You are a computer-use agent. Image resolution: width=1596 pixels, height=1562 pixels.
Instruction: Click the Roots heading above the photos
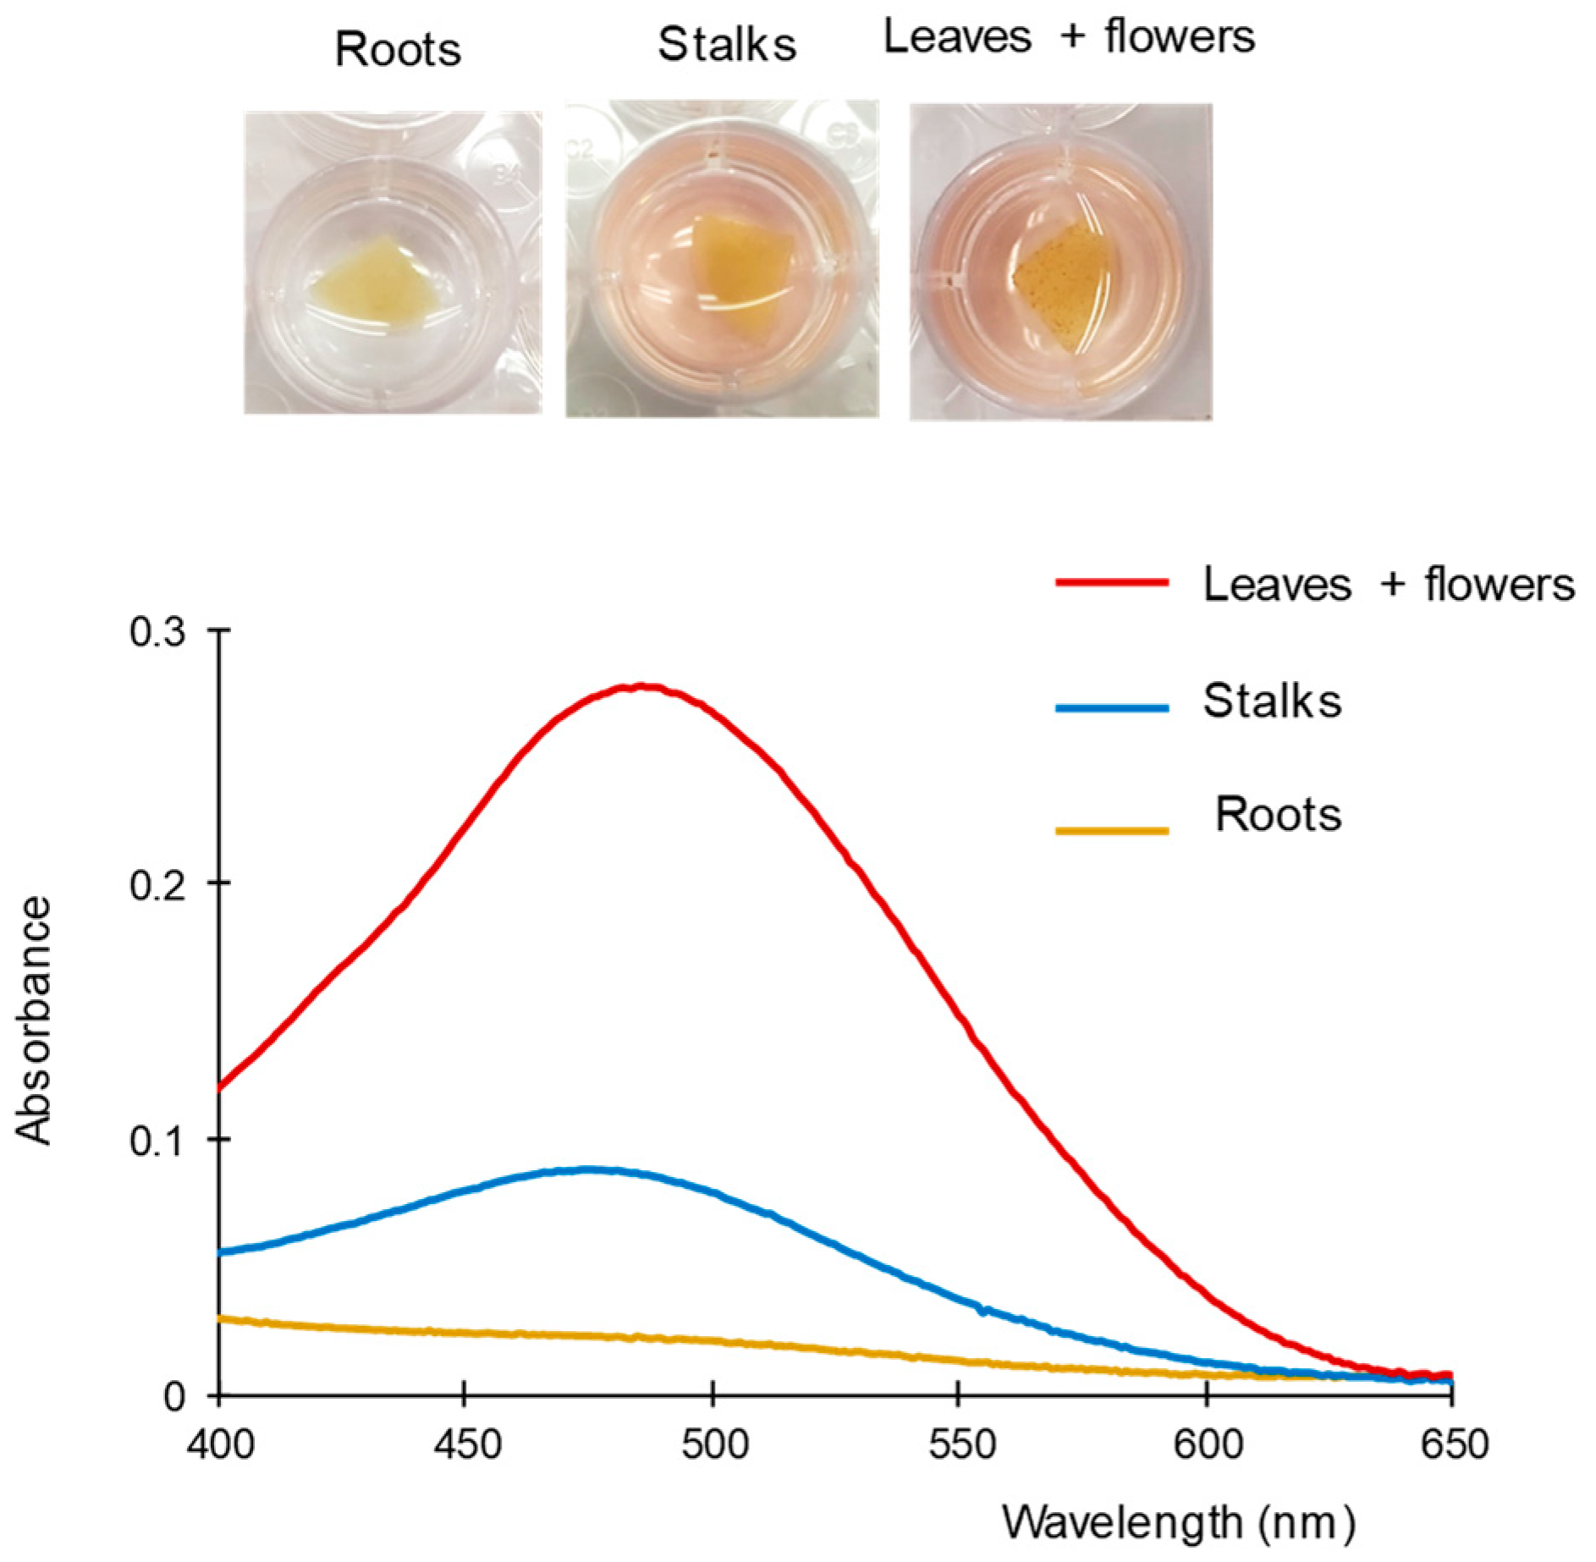click(398, 49)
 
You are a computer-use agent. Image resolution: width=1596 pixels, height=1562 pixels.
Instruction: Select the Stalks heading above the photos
click(727, 44)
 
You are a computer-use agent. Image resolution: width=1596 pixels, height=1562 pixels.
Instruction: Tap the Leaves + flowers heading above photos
click(1069, 37)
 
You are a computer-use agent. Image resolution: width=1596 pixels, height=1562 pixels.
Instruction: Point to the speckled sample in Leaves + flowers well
click(1061, 288)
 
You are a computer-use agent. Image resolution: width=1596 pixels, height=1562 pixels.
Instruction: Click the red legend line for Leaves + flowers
click(1111, 583)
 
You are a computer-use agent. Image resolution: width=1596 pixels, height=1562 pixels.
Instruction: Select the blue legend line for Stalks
click(1111, 708)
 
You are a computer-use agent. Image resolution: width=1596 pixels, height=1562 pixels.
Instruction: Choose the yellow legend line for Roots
click(1111, 831)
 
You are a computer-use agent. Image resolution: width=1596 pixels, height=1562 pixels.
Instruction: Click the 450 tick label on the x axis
click(466, 1444)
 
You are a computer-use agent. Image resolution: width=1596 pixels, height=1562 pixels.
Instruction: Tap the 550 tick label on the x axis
click(960, 1444)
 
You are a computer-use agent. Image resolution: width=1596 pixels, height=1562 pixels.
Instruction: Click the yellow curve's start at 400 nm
click(222, 1319)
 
